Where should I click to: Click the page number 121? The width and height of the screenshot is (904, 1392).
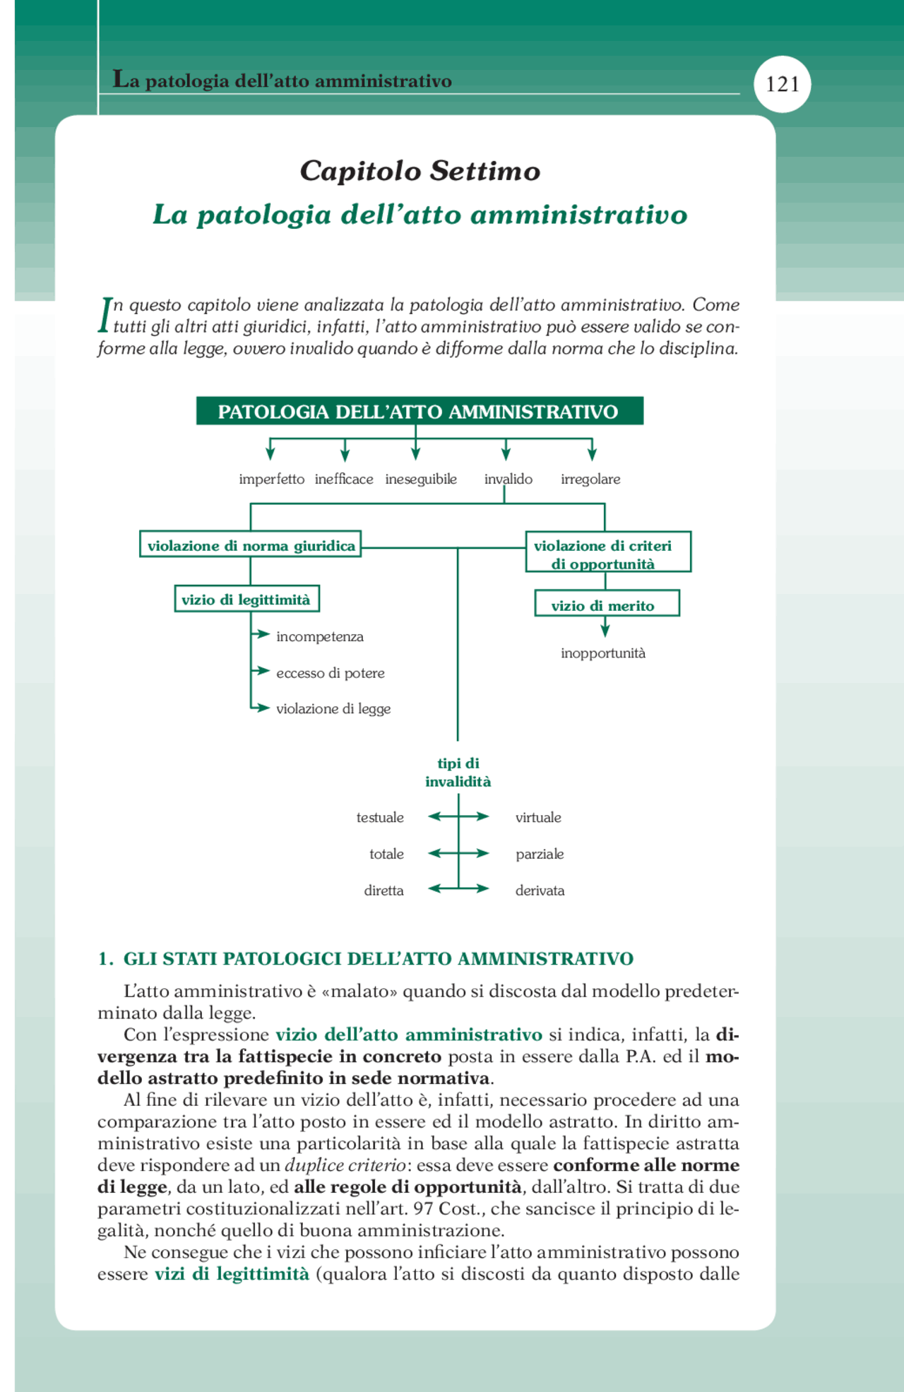783,85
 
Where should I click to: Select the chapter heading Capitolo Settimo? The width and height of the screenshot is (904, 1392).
420,171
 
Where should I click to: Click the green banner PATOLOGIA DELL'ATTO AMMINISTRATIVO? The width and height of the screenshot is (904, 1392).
419,411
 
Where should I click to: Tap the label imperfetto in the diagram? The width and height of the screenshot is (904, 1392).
271,479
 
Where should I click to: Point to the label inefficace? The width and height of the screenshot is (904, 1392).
344,479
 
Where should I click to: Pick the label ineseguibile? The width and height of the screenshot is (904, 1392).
421,479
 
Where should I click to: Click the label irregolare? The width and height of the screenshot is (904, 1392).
590,479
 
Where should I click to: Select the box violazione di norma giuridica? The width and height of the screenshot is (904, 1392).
251,545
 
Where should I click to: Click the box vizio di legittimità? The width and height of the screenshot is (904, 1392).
246,600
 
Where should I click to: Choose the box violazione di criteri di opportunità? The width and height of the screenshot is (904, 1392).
607,554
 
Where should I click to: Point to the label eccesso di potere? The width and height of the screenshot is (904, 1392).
331,673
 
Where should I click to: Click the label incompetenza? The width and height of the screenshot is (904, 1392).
320,636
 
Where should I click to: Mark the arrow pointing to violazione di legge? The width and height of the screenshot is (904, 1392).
262,707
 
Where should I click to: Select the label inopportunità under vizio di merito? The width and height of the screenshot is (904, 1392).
603,653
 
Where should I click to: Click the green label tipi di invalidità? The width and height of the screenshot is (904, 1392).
458,772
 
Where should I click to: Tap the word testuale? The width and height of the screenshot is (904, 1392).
380,817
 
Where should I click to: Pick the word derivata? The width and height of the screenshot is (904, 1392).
540,891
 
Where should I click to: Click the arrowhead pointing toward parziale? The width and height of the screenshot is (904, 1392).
484,853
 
